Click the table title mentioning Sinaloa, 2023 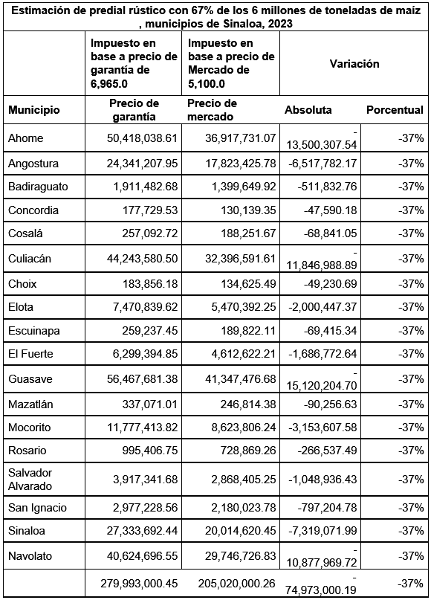[215, 17]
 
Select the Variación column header [354, 64]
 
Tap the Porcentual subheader [395, 110]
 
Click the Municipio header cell [33, 110]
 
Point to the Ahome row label [25, 138]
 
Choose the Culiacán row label [30, 259]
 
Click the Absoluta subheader [308, 110]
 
